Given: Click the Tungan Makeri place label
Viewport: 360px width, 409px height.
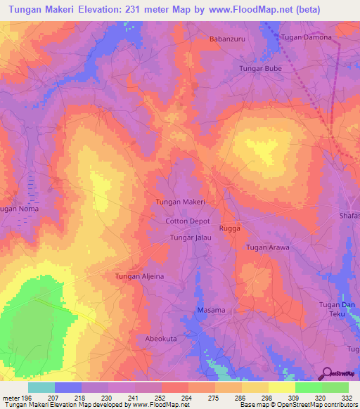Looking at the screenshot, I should tap(179, 202).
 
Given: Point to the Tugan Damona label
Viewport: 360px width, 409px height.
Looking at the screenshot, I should tap(306, 37).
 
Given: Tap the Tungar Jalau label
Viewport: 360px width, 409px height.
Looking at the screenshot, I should tap(191, 239).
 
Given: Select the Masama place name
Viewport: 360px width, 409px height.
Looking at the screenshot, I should tap(210, 310).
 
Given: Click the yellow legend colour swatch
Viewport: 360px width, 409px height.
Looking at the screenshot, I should tap(281, 387).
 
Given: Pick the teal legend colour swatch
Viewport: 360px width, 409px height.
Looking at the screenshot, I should tap(41, 387).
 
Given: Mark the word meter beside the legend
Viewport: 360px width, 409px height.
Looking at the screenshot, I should tap(11, 398).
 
